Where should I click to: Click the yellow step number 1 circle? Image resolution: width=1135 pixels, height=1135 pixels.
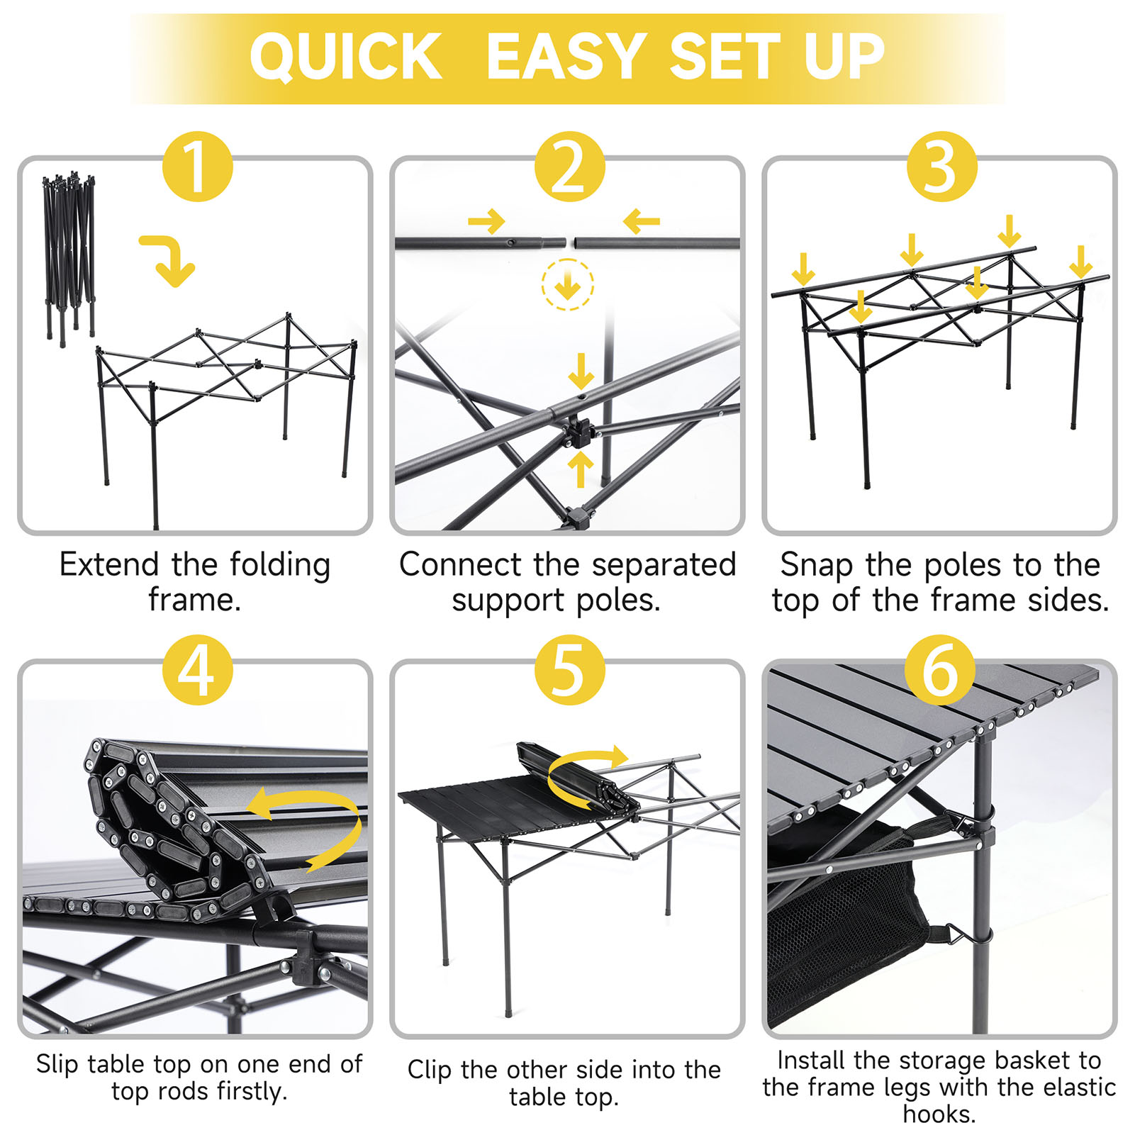point(197,167)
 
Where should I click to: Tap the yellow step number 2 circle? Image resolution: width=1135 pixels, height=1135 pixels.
point(569,167)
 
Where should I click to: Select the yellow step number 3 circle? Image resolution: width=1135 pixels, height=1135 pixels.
point(941,167)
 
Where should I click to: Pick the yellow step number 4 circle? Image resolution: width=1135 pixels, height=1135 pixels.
point(197,669)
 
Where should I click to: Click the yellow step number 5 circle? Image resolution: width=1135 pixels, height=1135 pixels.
point(569,669)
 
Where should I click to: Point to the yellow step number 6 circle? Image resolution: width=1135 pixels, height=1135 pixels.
point(940,669)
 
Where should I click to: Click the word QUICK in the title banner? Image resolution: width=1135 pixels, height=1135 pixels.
point(345,57)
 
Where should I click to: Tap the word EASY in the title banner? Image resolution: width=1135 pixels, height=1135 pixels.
point(565,57)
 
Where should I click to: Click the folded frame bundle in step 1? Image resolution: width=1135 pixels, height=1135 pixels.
point(69,255)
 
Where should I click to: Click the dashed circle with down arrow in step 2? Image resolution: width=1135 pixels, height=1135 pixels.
point(567,285)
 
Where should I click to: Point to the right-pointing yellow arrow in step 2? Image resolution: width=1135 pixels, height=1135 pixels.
point(486,222)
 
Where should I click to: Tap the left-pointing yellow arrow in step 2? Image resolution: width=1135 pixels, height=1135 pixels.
point(642,222)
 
